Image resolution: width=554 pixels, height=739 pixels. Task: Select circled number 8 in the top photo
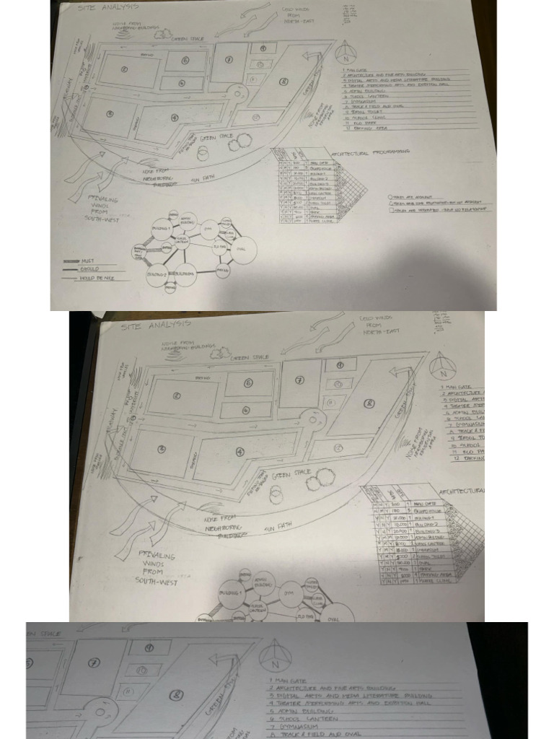coord(283,82)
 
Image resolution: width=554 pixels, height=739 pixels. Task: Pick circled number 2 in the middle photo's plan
coord(176,395)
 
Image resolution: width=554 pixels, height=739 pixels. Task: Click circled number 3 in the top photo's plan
coord(110,113)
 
